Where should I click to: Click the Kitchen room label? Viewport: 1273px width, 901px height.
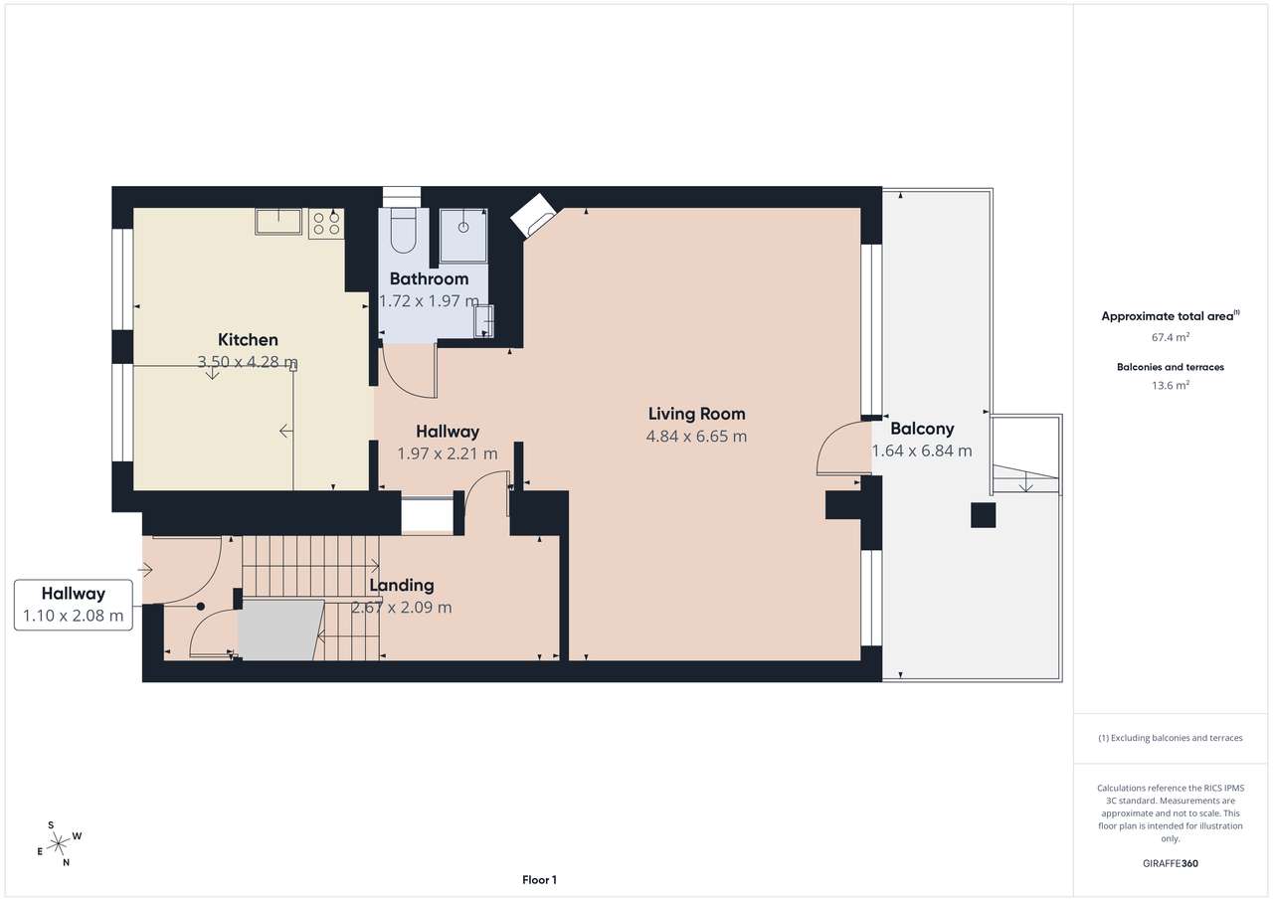point(248,340)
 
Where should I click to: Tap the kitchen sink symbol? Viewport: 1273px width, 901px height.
point(278,221)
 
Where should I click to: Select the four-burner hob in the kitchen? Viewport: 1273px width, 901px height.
point(326,224)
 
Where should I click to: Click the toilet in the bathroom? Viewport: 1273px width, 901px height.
point(405,231)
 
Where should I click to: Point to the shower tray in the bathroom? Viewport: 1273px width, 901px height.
point(463,235)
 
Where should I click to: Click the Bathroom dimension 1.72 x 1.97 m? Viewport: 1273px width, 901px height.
point(429,300)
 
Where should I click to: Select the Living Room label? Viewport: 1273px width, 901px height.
point(696,414)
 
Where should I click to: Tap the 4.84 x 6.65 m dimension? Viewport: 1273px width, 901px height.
point(696,436)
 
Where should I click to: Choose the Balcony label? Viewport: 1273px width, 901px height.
point(922,429)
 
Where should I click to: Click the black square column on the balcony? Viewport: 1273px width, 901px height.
point(983,514)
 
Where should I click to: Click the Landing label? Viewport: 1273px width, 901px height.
point(402,585)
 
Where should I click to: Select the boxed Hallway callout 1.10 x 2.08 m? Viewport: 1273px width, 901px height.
point(74,605)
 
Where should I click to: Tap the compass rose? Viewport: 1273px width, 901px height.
point(60,842)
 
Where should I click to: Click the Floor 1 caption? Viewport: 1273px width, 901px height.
point(539,879)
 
